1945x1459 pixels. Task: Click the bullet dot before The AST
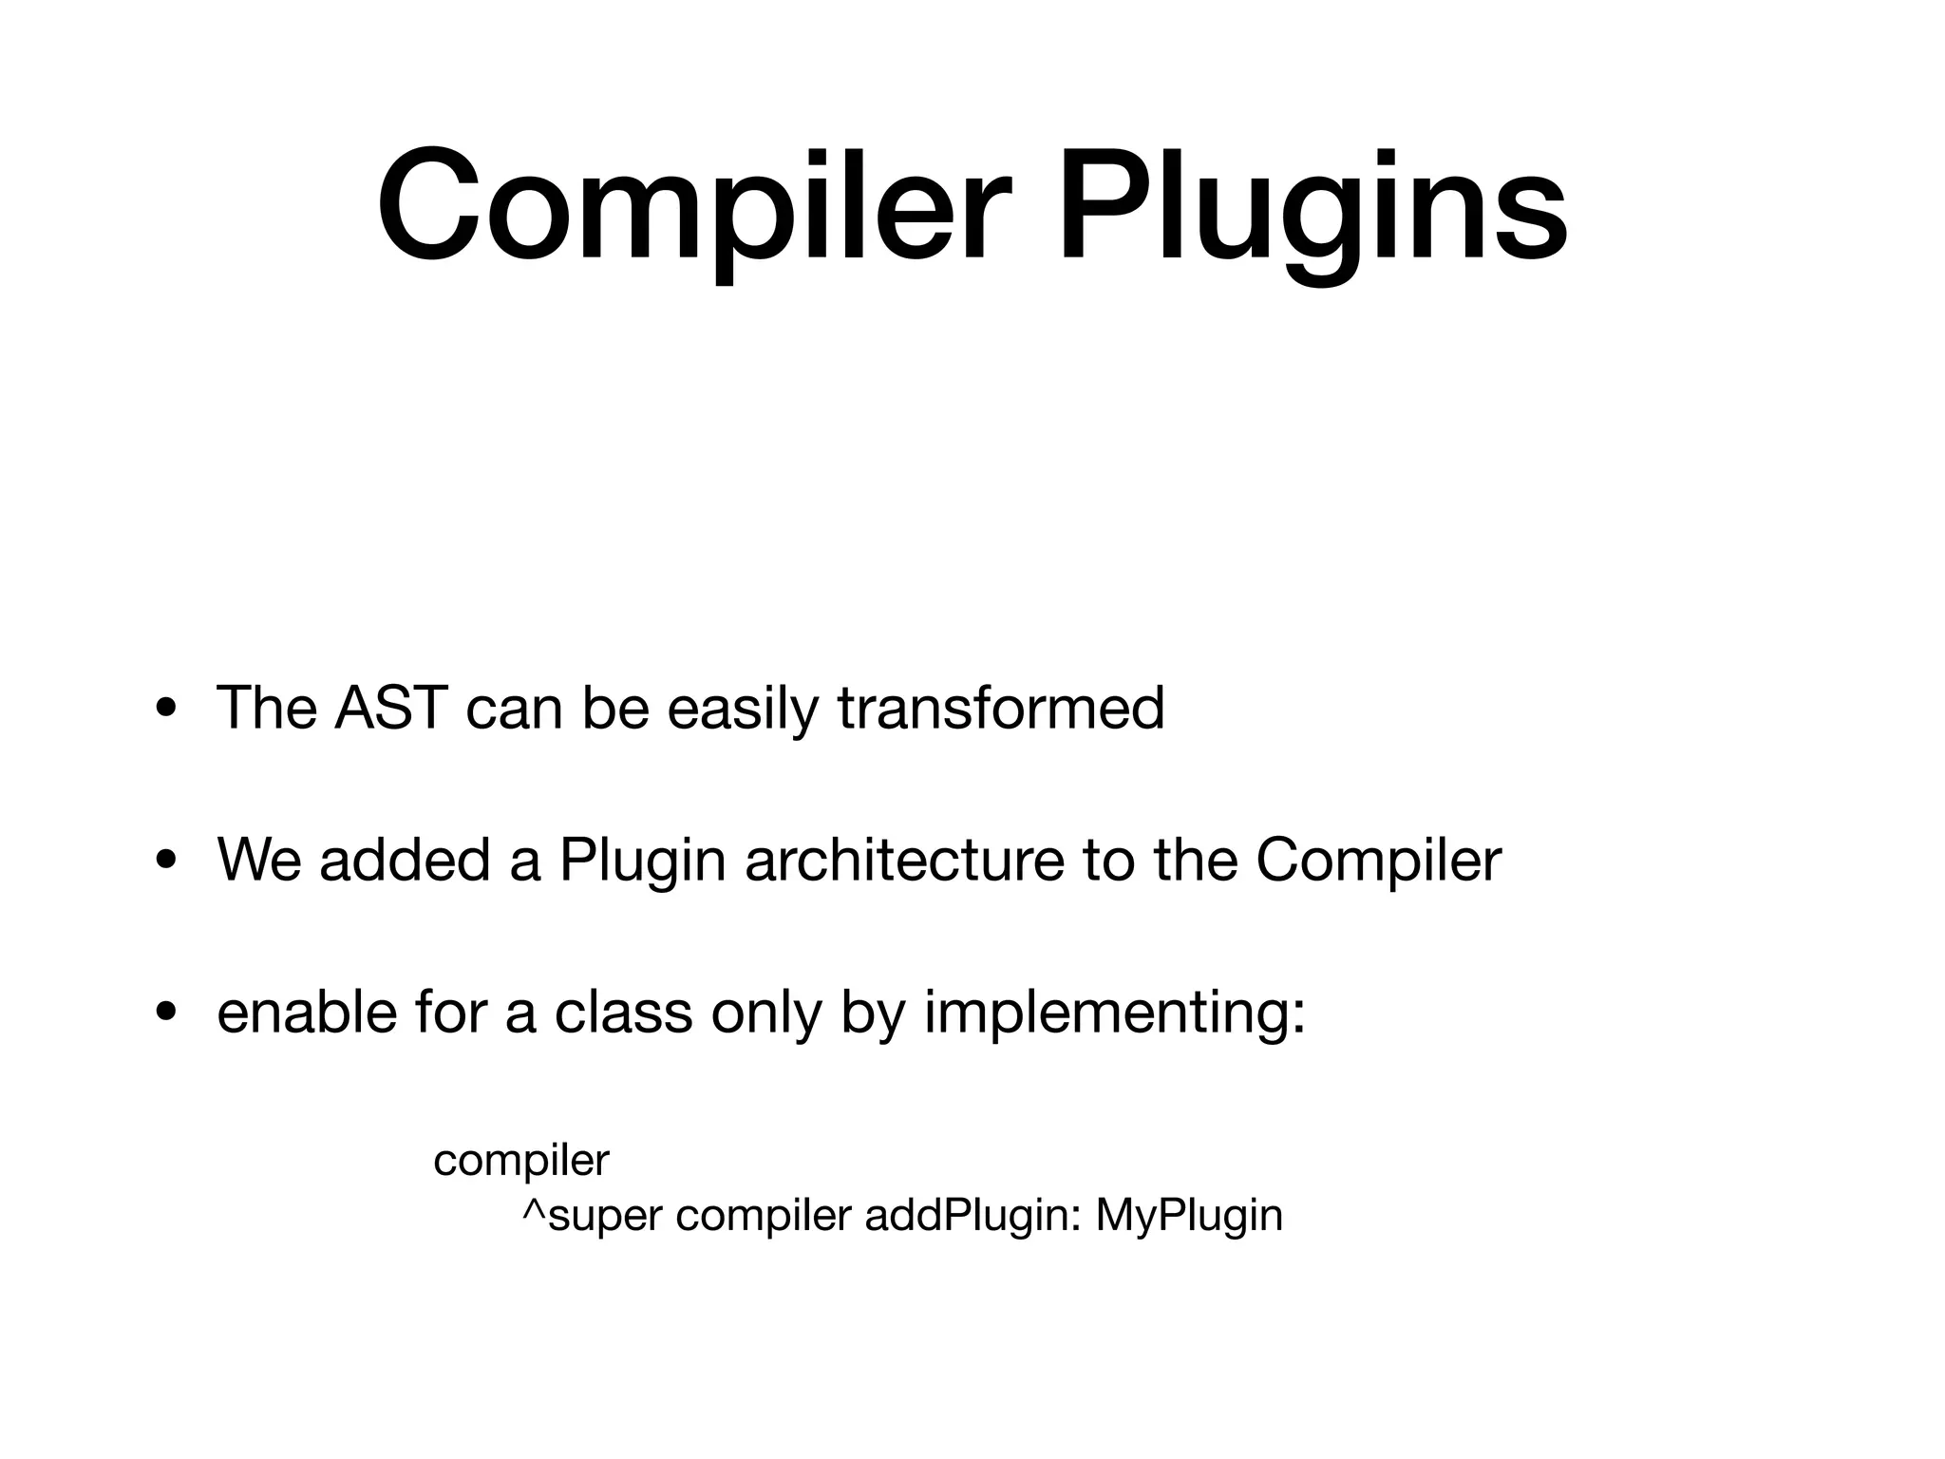(166, 709)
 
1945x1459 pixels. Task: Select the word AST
(390, 708)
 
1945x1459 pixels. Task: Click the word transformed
(1000, 708)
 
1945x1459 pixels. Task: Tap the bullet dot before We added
(166, 861)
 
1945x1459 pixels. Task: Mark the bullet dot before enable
(166, 1013)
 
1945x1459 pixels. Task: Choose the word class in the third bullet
(623, 1012)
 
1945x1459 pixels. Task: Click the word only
(765, 1014)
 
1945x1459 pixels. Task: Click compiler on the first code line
(520, 1162)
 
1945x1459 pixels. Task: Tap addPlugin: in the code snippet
(972, 1217)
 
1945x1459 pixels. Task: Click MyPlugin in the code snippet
(1188, 1217)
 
